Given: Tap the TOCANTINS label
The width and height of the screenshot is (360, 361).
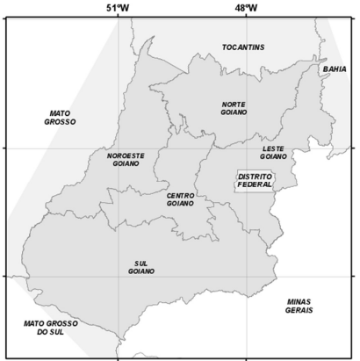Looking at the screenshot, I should pyautogui.click(x=243, y=47).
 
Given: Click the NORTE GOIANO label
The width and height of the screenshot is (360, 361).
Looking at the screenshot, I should pyautogui.click(x=234, y=108).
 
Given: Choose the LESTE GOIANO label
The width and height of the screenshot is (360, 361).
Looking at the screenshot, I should pyautogui.click(x=273, y=152).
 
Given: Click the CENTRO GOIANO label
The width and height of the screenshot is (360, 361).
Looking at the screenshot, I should pyautogui.click(x=180, y=199).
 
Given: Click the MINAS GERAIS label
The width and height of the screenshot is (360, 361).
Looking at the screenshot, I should pyautogui.click(x=299, y=306).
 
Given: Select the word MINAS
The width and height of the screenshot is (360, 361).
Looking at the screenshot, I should pyautogui.click(x=299, y=301).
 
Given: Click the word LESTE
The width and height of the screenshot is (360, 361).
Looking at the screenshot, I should pyautogui.click(x=273, y=148).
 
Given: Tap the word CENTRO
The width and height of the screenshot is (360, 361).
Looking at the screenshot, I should pyautogui.click(x=180, y=194).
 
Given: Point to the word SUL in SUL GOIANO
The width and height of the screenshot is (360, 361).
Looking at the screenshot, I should pyautogui.click(x=140, y=263).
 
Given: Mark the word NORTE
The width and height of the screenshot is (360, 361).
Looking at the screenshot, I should pyautogui.click(x=234, y=104).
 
